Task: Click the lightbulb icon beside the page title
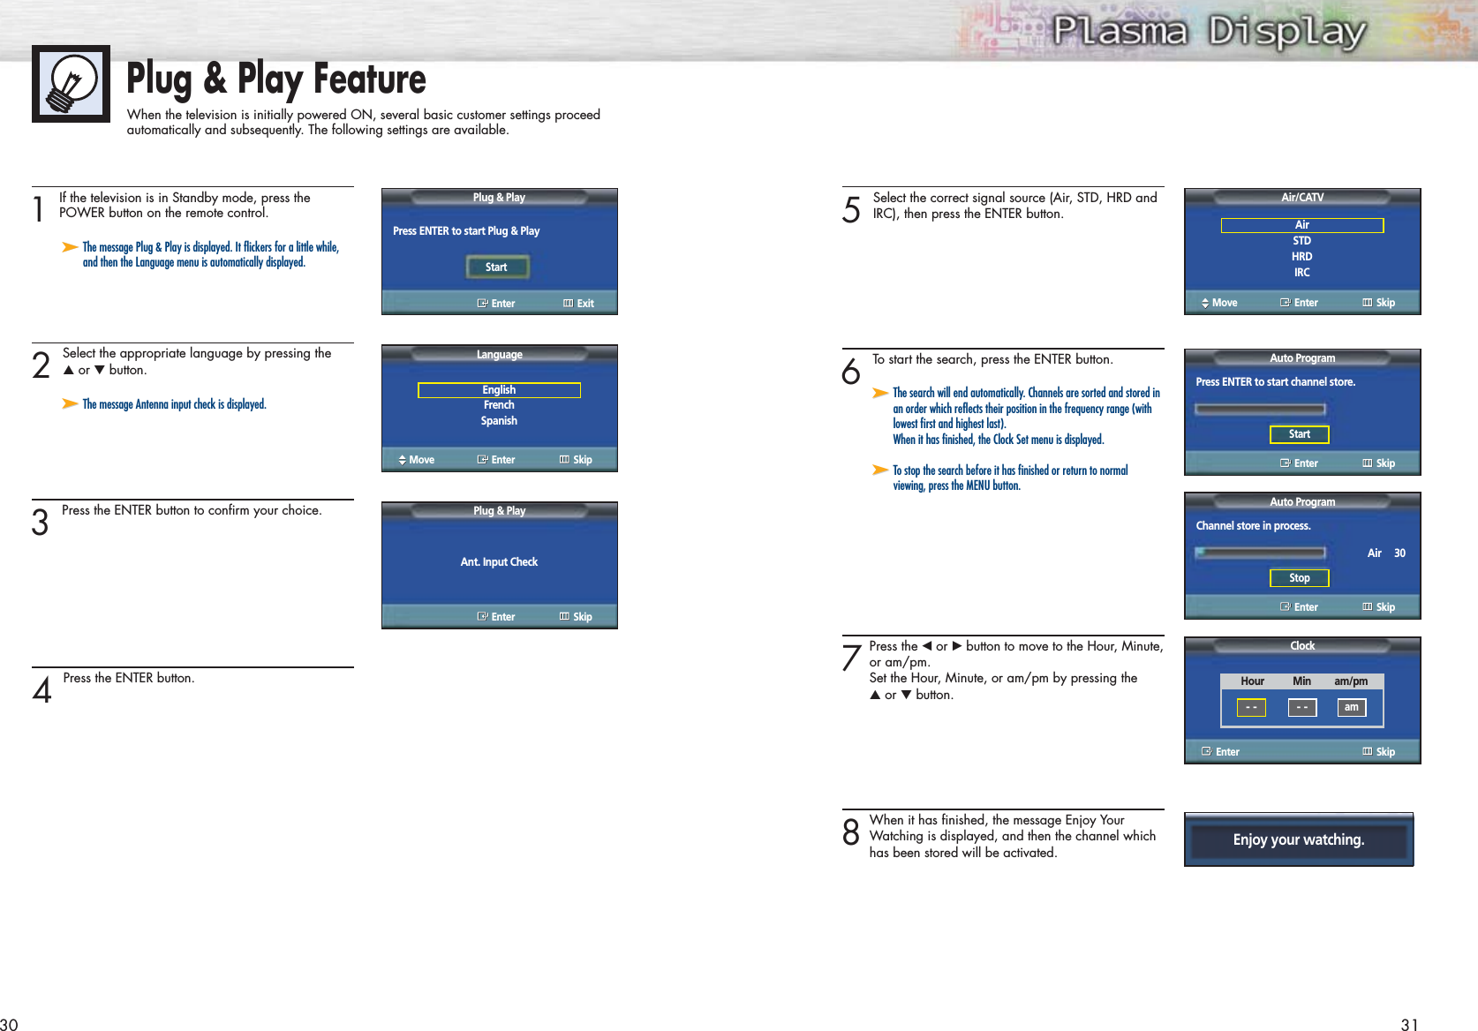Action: pyautogui.click(x=72, y=84)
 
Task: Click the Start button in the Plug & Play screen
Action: pyautogui.click(x=497, y=267)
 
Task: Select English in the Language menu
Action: pyautogui.click(x=499, y=390)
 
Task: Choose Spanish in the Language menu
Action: pyautogui.click(x=499, y=421)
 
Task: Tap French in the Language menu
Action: pyautogui.click(x=499, y=405)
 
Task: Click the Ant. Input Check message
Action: pyautogui.click(x=499, y=562)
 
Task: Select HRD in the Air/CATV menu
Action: pyautogui.click(x=1301, y=257)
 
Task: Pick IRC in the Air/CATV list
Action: pyautogui.click(x=1301, y=273)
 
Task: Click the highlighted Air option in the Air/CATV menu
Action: pyautogui.click(x=1301, y=225)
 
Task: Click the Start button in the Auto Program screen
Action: pyautogui.click(x=1299, y=434)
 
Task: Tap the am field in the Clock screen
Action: pyautogui.click(x=1352, y=707)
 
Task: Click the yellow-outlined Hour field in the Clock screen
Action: pyautogui.click(x=1251, y=707)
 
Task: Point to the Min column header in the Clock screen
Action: pyautogui.click(x=1301, y=681)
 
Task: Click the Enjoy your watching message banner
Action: pyautogui.click(x=1299, y=839)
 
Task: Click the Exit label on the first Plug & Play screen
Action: pyautogui.click(x=585, y=304)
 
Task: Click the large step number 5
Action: pyautogui.click(x=851, y=210)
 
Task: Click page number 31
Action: pyautogui.click(x=1409, y=1025)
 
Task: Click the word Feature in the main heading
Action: pyautogui.click(x=369, y=79)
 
